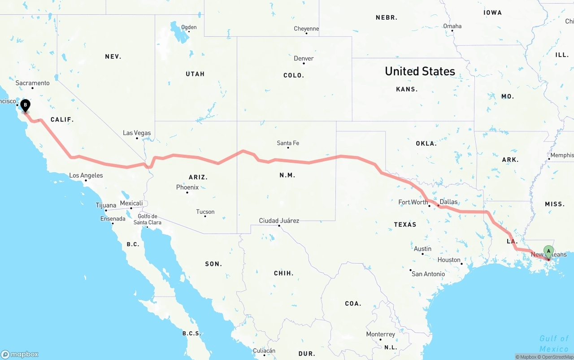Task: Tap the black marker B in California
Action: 26,105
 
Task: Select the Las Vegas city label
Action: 137,133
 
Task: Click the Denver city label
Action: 304,58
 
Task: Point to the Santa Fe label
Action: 288,143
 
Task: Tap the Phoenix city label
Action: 187,187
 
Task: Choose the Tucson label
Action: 205,212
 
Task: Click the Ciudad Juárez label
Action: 279,221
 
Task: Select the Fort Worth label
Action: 413,202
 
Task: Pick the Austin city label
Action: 423,249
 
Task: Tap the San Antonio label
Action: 428,274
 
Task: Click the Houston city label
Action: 449,260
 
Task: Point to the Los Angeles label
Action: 86,175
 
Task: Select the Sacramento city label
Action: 32,83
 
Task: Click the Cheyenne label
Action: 306,29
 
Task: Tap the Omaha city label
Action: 452,26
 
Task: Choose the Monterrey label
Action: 381,334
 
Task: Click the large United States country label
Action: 420,71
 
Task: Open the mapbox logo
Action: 20,354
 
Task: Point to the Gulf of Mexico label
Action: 554,343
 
